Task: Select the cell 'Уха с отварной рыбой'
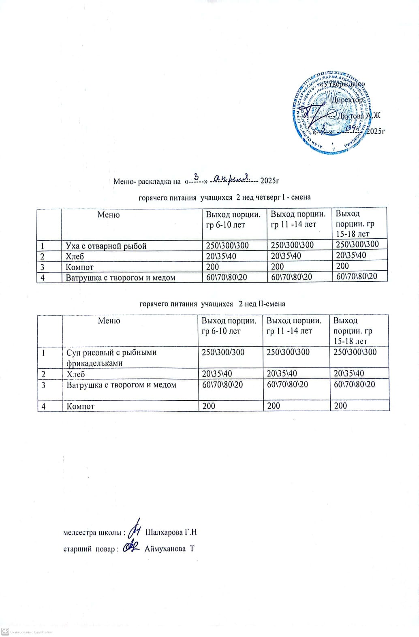[x=106, y=246]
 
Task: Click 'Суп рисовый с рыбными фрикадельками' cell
[x=111, y=357]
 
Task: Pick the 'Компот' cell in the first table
[x=80, y=267]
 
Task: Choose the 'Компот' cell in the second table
[x=81, y=406]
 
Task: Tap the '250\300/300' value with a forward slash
[x=223, y=352]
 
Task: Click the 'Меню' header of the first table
[x=109, y=215]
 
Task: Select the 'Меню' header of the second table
[x=109, y=321]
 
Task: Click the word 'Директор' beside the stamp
[x=347, y=100]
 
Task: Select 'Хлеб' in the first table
[x=75, y=256]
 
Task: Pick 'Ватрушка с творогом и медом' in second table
[x=121, y=385]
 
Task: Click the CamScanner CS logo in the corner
[x=5, y=631]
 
